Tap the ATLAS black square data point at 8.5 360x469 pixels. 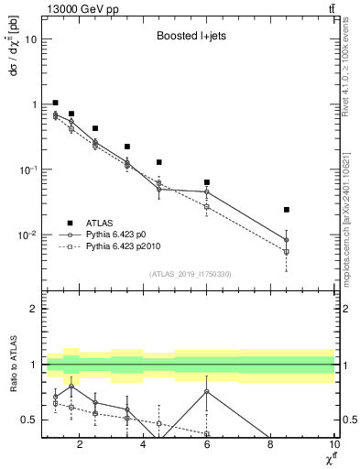click(287, 210)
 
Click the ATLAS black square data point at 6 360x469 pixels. click(207, 182)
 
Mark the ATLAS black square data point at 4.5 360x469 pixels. click(159, 162)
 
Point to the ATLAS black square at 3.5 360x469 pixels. click(127, 147)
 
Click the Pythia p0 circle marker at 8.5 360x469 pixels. click(287, 240)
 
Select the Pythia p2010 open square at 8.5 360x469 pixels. click(287, 252)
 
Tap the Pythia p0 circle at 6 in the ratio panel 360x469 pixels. click(207, 391)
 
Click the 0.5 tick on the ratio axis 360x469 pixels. click(31, 420)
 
